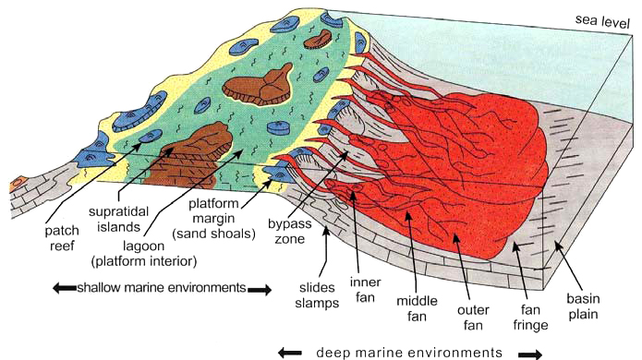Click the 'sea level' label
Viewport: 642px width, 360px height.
point(602,21)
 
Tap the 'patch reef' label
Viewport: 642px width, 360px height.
point(61,238)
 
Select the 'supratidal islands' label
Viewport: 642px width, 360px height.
point(118,220)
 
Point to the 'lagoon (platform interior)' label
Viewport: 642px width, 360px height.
point(144,254)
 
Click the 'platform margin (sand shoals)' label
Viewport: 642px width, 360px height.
point(213,219)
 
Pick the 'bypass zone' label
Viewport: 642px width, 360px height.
point(289,231)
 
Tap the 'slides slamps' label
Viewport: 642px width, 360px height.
point(317,295)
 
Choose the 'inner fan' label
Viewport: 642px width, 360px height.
point(365,290)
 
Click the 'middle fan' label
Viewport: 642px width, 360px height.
point(417,308)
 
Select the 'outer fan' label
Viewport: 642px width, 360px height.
point(473,318)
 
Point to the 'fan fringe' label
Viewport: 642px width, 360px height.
point(530,318)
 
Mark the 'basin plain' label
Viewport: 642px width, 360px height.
point(583,306)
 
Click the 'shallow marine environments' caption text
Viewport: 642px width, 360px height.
point(162,288)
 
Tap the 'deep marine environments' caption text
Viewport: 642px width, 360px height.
point(409,353)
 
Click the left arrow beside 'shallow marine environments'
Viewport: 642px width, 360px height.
point(65,288)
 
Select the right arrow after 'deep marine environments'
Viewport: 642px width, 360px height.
point(530,354)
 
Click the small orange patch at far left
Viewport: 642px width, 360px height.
point(18,184)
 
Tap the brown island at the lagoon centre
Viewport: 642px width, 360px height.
point(258,85)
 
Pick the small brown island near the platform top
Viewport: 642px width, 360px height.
point(318,40)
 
